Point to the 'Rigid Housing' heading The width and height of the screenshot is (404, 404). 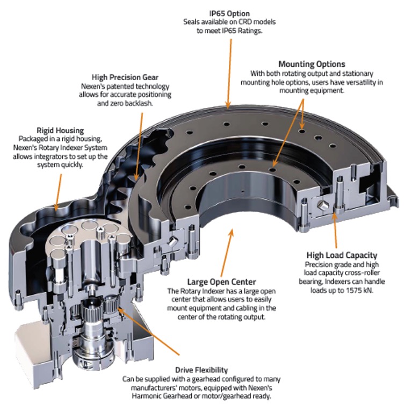pos(59,130)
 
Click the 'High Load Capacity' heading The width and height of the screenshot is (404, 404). pos(342,255)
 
